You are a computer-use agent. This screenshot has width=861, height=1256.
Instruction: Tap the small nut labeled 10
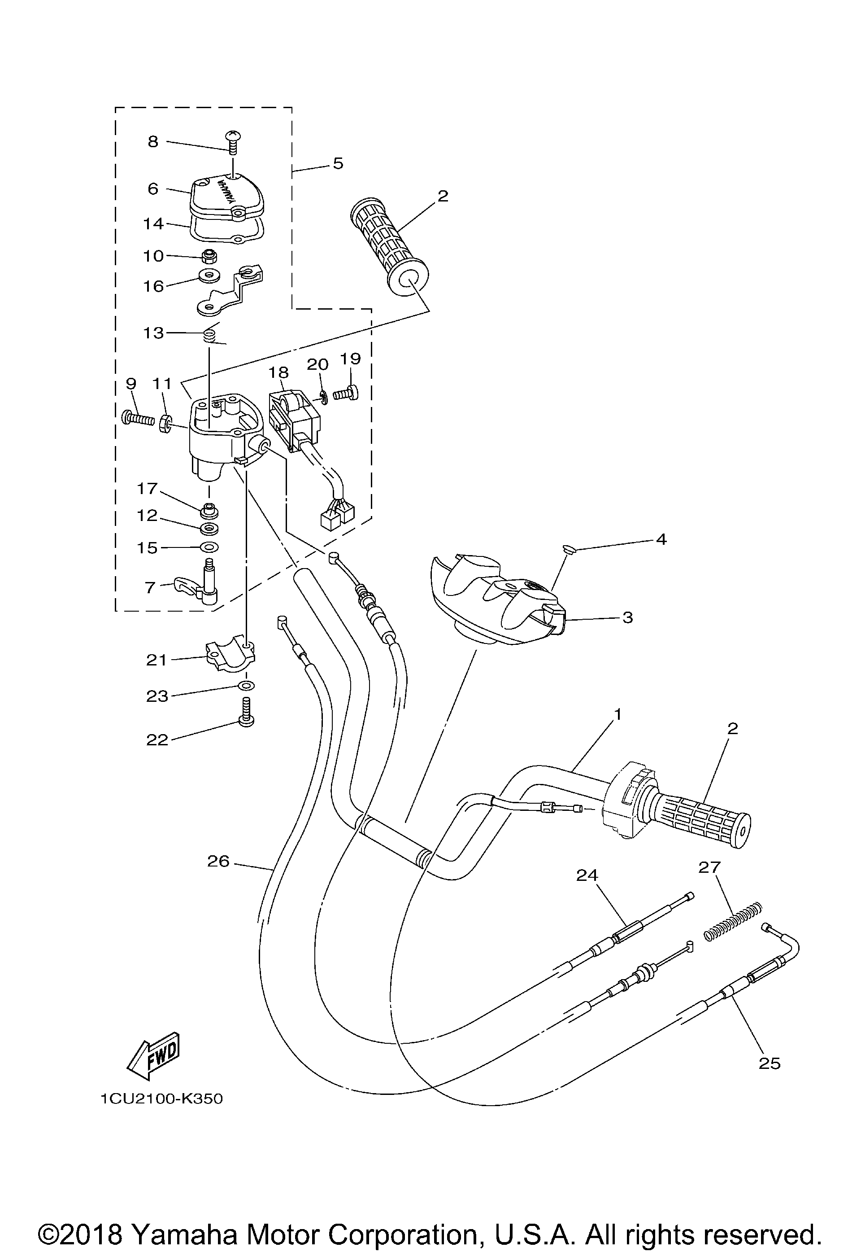click(x=209, y=256)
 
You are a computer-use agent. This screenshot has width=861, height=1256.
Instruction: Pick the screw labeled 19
click(x=344, y=393)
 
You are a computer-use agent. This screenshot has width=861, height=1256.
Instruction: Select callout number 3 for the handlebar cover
click(x=627, y=617)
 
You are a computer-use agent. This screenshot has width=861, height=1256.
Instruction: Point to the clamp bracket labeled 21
click(x=231, y=656)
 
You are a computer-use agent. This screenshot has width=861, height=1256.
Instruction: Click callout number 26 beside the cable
click(x=218, y=862)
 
